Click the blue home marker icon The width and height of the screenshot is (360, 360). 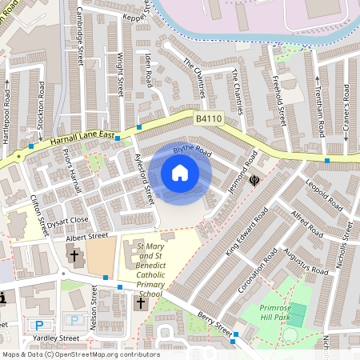pos(180,173)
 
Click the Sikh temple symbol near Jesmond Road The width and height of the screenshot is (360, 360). pos(254,181)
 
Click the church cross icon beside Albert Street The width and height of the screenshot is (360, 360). pos(75,257)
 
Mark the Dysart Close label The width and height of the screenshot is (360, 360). pos(66,220)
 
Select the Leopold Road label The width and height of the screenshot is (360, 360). pos(324,196)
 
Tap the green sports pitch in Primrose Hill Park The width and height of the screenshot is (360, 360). pos(295,314)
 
